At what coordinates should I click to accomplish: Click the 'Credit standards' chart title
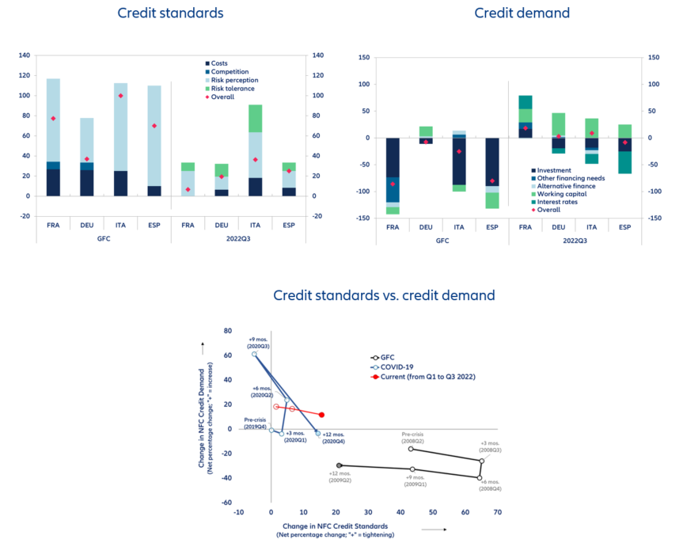(170, 13)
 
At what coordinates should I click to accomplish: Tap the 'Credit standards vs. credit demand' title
(384, 295)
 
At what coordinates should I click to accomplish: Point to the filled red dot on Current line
(322, 415)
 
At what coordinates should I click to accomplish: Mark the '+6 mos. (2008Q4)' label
(491, 486)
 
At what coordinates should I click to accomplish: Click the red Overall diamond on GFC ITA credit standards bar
(121, 96)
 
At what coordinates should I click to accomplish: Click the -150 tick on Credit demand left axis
(363, 218)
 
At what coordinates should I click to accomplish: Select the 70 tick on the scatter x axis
(497, 512)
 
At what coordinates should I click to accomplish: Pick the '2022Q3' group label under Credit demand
(575, 241)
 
